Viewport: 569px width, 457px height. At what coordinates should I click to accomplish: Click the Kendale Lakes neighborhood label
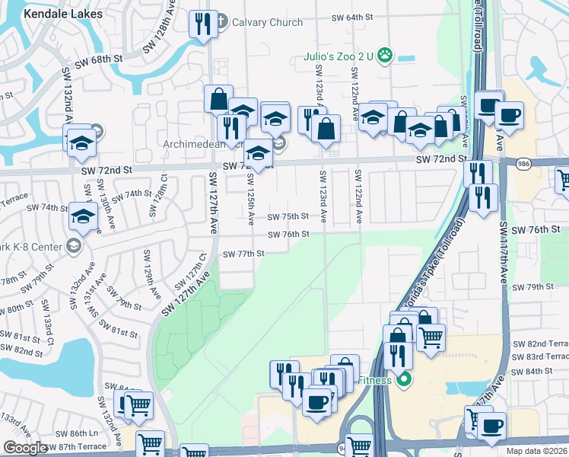tap(63, 14)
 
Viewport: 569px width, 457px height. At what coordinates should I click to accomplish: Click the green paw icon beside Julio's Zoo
tap(386, 54)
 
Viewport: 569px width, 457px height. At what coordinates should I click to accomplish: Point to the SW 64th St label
tap(353, 17)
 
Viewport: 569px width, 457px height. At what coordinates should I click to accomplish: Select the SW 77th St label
tap(243, 254)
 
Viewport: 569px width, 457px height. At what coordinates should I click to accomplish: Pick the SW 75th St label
tap(288, 216)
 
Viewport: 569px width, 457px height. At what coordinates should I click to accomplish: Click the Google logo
tap(26, 447)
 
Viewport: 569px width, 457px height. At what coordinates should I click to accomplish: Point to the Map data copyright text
tap(536, 451)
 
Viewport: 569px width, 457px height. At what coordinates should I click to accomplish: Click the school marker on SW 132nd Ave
tap(81, 140)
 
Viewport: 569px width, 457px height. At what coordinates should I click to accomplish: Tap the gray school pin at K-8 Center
tap(73, 244)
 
